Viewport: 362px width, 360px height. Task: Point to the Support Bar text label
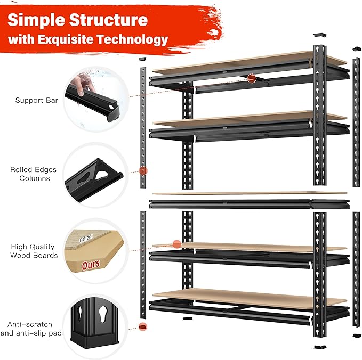point(37,100)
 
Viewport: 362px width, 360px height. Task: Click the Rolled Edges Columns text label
point(34,174)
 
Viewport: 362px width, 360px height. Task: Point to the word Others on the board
point(85,237)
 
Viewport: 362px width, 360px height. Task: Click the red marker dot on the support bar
point(252,79)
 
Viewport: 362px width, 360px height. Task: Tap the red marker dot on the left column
point(143,170)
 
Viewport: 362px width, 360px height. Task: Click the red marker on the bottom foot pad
point(142,326)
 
